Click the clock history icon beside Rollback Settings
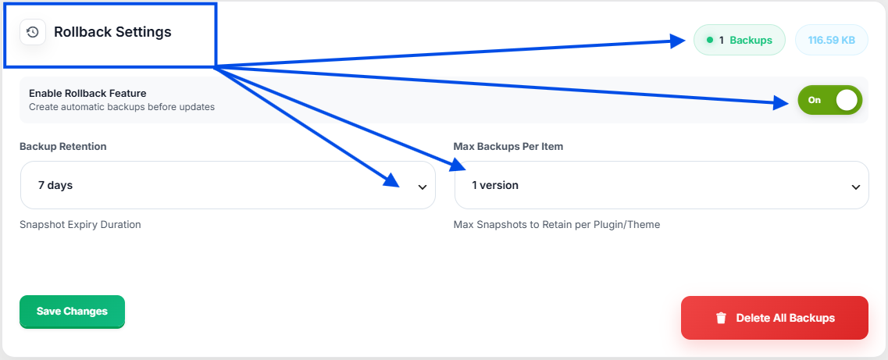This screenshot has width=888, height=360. [33, 32]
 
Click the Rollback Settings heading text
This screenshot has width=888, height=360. [112, 32]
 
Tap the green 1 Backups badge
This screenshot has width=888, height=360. [739, 40]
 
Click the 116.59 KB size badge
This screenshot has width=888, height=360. [831, 40]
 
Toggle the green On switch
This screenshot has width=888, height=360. [829, 100]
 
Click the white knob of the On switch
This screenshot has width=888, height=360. [847, 100]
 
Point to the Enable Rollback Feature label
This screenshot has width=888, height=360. [87, 94]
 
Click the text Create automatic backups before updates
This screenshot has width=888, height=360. [122, 106]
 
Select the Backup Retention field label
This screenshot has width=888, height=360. [62, 147]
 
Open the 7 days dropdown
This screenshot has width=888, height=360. [228, 185]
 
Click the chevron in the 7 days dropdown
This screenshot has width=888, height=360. [422, 187]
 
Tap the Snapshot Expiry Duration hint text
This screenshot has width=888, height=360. [80, 225]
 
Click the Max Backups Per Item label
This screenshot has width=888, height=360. [508, 147]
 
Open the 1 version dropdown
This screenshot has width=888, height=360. [662, 185]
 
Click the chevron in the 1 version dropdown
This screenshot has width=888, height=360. [856, 187]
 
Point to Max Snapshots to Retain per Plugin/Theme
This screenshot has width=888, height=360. [557, 225]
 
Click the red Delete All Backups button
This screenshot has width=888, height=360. [774, 318]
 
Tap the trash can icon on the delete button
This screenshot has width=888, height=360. [721, 318]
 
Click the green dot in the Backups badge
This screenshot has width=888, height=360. [710, 40]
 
